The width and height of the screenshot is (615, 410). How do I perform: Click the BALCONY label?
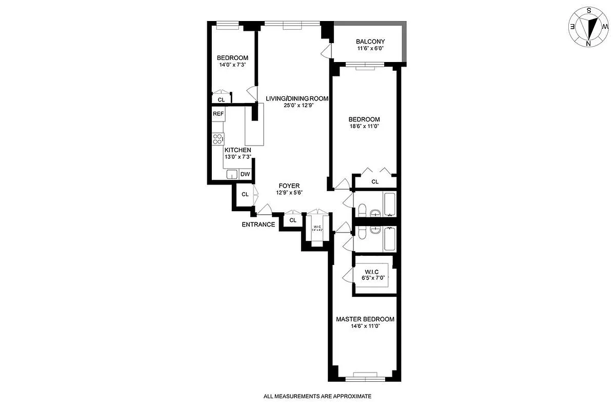coord(370,42)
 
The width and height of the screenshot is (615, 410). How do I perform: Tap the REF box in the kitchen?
coord(218,114)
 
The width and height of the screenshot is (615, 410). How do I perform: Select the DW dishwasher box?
coord(245,174)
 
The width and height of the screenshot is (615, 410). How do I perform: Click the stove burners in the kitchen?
coord(218,139)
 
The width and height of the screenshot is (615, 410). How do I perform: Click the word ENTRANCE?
coord(259,224)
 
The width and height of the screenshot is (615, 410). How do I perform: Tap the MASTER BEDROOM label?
coord(365,319)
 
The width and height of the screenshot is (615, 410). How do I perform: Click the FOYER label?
coord(289,186)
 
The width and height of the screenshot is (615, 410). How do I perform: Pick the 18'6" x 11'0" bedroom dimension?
coord(364,126)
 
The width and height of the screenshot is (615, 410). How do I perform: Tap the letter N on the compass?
coord(588,44)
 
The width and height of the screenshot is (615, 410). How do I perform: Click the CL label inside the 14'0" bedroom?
coord(221,100)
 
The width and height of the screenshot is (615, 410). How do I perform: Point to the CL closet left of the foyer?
coord(245,194)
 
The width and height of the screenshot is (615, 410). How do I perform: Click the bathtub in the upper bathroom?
coord(389,204)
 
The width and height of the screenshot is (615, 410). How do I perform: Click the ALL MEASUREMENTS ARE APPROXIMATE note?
coord(316,396)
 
